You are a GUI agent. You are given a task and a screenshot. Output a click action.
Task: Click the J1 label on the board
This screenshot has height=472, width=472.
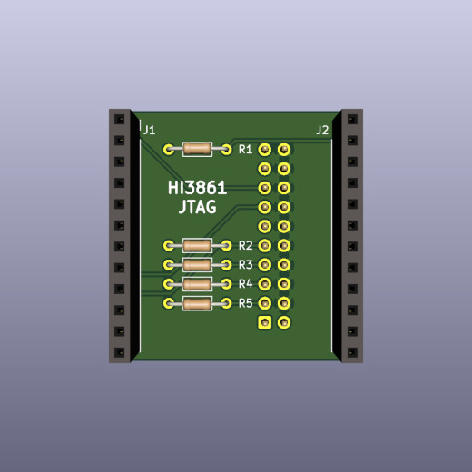(149, 131)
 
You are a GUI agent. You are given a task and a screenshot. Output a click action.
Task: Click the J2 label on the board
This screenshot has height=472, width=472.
(322, 131)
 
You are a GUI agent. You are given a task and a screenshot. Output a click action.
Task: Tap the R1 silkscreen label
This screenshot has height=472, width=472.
(245, 150)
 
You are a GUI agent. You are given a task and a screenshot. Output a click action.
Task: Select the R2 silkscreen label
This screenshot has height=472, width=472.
(245, 245)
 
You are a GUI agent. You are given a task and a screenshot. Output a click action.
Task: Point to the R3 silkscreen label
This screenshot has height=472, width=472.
(245, 265)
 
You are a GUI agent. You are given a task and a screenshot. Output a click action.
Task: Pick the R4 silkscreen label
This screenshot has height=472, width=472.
(245, 284)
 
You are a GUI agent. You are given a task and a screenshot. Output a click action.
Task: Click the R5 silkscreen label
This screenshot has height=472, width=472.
(245, 303)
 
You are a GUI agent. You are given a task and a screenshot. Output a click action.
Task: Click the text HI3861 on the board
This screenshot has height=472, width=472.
(197, 188)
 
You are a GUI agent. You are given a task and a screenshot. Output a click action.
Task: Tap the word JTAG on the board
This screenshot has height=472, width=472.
(198, 207)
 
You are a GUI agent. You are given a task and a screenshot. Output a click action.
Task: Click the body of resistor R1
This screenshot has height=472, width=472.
(197, 149)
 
